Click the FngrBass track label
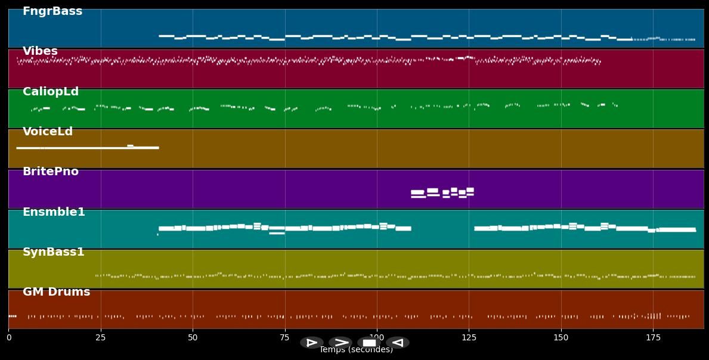click(x=52, y=11)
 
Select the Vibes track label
click(x=40, y=51)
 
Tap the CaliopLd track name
click(x=51, y=92)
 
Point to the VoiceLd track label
click(x=48, y=132)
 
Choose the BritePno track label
click(x=51, y=172)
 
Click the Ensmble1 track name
click(x=54, y=212)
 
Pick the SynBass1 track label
click(x=54, y=252)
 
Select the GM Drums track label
click(x=57, y=292)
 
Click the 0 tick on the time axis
click(x=8, y=338)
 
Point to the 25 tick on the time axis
click(x=101, y=338)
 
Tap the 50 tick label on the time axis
click(x=193, y=338)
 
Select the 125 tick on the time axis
click(x=469, y=338)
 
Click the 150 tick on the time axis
click(x=561, y=338)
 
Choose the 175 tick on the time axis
click(x=653, y=338)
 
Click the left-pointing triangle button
click(x=398, y=343)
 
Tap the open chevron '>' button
click(x=340, y=343)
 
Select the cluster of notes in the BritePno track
click(x=442, y=193)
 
